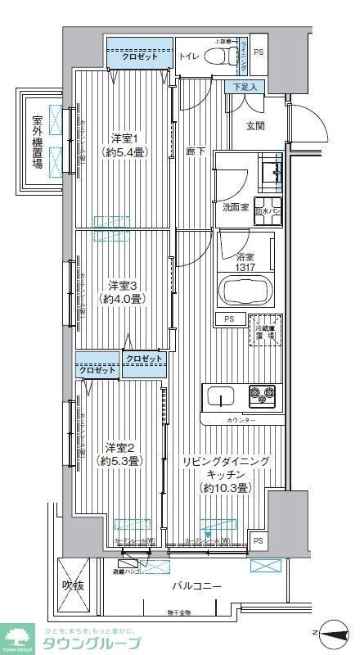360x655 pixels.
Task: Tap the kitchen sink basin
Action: [221, 397]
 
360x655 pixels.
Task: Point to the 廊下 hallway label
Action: [196, 151]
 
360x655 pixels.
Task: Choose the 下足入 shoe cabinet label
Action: [243, 87]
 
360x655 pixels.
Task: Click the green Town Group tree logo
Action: [17, 634]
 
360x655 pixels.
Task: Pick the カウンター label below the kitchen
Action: [240, 420]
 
